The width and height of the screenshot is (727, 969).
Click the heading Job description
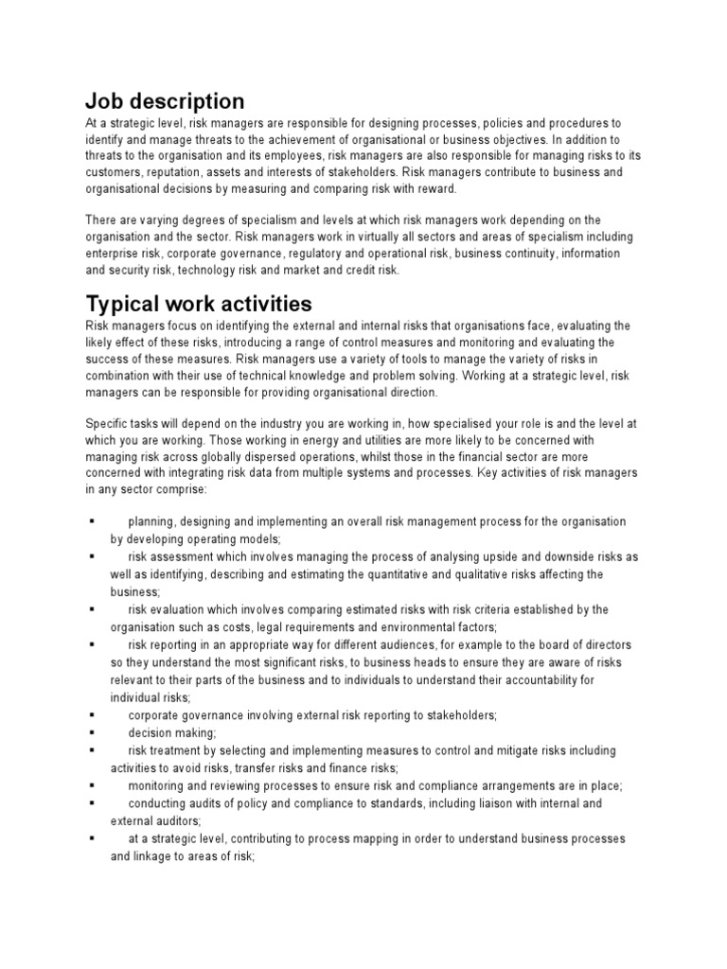165,100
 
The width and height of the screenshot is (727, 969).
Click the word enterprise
117,254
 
